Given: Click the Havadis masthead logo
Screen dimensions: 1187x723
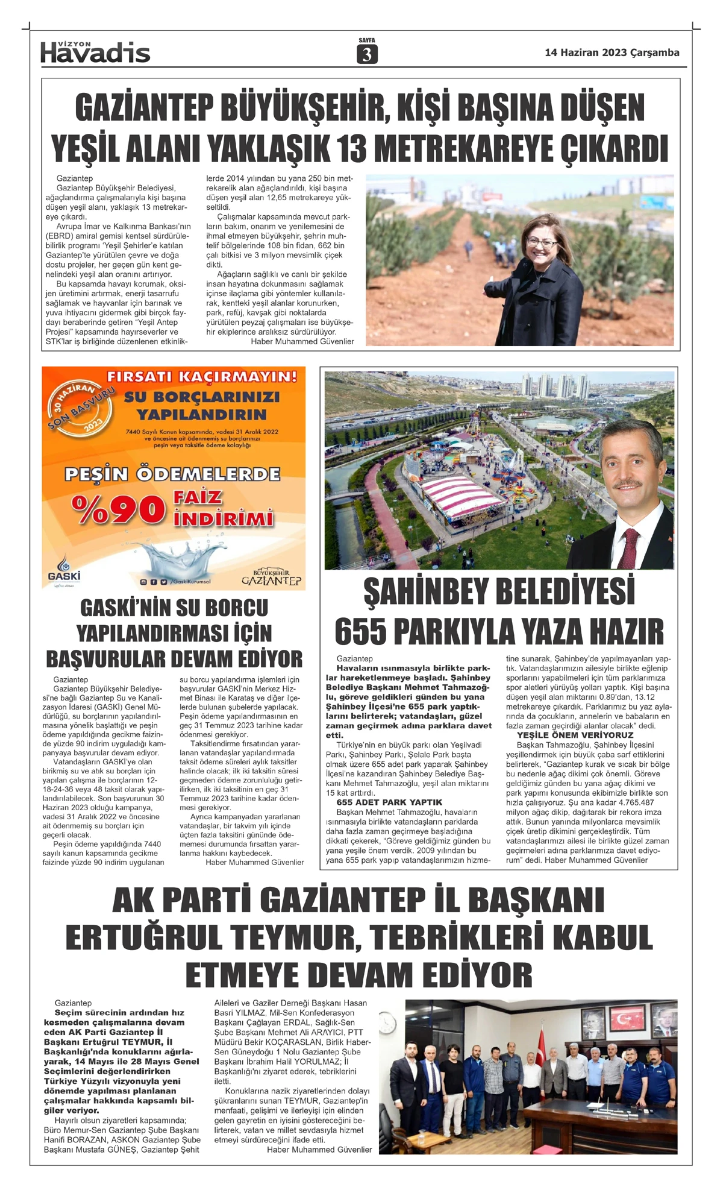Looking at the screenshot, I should click(x=95, y=52).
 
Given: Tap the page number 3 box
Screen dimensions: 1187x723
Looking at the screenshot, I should click(x=367, y=54).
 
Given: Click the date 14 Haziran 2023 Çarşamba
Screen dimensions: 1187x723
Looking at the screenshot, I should click(x=612, y=52).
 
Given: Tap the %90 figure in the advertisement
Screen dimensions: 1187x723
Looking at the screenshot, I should click(x=118, y=509).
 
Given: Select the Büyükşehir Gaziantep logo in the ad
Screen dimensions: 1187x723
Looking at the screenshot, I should click(x=271, y=577).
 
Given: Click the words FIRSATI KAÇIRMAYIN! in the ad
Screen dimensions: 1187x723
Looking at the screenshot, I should click(x=202, y=377).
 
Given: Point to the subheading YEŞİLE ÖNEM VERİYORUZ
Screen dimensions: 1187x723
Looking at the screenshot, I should click(x=575, y=735).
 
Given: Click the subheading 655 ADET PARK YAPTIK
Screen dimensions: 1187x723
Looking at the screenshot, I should click(x=389, y=802).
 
